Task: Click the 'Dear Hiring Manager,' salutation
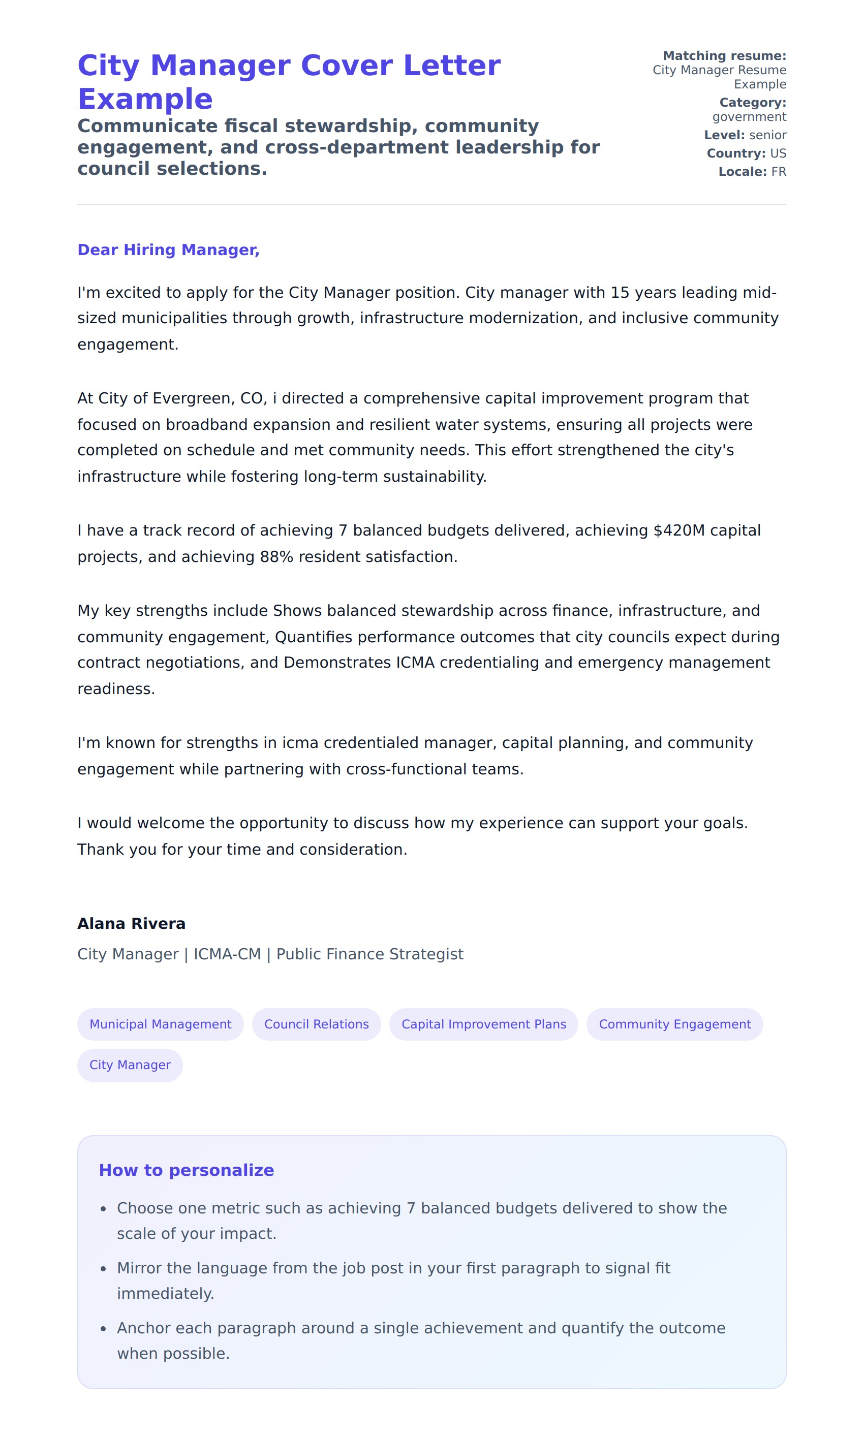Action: coord(168,249)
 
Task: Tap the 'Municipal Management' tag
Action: coord(160,1024)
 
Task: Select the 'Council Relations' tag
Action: coord(316,1024)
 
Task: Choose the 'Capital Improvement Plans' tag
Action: coord(483,1024)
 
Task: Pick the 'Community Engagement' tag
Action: coord(674,1024)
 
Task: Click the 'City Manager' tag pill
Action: coord(130,1065)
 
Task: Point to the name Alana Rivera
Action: coord(132,924)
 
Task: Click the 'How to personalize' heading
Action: coord(187,1170)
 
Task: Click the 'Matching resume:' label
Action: coord(724,56)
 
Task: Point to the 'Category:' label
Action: coord(752,103)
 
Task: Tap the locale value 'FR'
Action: coord(779,172)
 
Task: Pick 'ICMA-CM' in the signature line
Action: coord(227,954)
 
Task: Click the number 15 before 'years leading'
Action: coord(620,293)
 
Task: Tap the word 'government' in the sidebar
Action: coord(749,117)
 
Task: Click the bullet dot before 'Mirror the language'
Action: coord(103,1269)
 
